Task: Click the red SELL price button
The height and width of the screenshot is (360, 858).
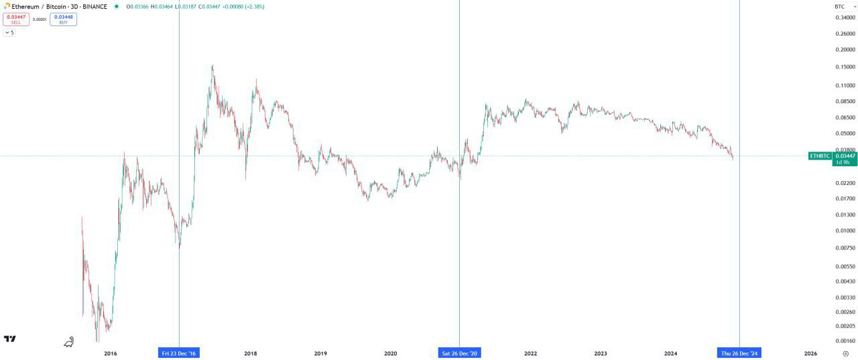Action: pos(16,19)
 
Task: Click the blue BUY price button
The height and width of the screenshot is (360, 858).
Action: pos(64,19)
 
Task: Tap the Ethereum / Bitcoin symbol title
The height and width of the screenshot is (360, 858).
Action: pos(59,7)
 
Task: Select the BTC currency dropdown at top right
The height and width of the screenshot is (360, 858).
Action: pos(841,7)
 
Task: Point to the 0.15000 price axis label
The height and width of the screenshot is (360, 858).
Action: pos(845,67)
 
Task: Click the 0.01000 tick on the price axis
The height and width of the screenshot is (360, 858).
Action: pos(845,231)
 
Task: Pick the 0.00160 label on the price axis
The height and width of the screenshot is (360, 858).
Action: pos(845,341)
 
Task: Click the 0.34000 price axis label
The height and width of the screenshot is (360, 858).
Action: pos(845,18)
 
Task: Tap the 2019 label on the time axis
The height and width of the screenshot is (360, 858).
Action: pos(320,353)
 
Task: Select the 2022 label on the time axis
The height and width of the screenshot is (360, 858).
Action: pos(530,353)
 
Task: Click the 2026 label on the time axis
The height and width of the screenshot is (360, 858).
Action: pos(810,353)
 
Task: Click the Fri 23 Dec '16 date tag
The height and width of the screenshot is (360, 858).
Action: pos(180,353)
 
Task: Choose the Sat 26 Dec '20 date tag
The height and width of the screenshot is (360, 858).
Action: pos(459,353)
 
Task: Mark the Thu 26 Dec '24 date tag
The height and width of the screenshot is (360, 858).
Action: pos(739,353)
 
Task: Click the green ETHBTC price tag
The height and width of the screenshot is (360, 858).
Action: pos(820,156)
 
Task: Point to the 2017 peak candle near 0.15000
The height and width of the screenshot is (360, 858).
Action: pos(212,67)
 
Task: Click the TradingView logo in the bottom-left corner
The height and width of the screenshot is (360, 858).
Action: pos(10,339)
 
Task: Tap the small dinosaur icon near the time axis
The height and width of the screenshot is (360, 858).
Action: pos(68,343)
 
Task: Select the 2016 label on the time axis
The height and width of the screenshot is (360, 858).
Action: pos(111,353)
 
